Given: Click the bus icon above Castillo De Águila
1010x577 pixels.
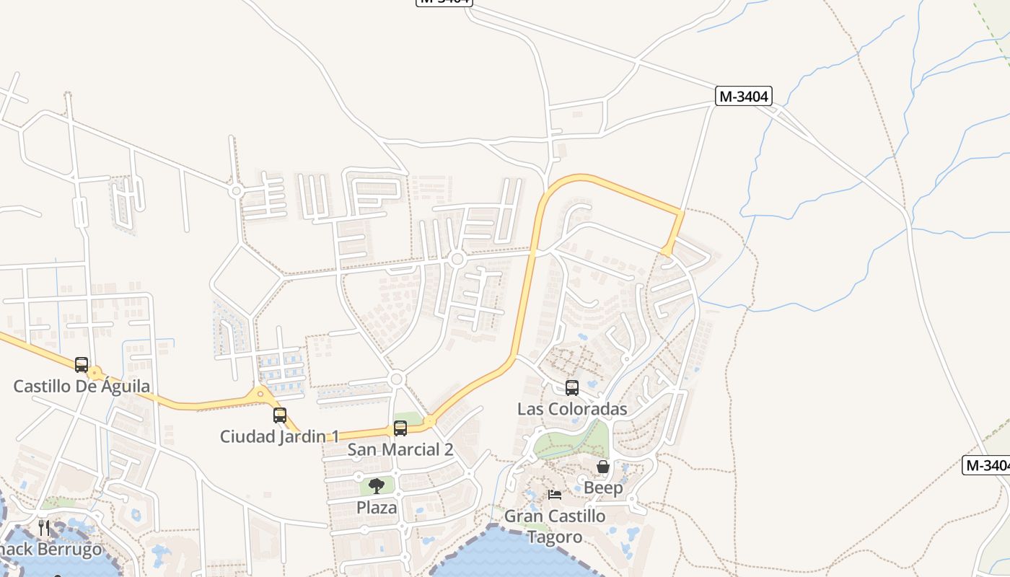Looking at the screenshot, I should pos(82,365).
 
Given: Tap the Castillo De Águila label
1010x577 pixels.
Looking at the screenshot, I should pos(82,387).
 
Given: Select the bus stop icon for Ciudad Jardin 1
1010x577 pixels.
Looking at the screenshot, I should pos(280,415).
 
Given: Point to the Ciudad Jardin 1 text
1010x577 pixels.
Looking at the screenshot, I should pos(280,436).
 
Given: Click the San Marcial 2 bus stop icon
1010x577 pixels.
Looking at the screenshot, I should pos(400,428).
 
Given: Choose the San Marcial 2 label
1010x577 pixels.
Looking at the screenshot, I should pos(400,450).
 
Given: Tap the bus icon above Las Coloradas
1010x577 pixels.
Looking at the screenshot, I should pos(572,388).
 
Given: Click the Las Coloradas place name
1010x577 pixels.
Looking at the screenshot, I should pos(572,410).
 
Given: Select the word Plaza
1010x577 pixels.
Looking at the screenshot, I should pos(377,508).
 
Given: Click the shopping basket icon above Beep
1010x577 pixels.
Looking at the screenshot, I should pos(603,467).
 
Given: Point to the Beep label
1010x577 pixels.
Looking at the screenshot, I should pos(603,488).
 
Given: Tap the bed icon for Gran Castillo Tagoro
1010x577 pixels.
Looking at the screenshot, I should pos(555,495).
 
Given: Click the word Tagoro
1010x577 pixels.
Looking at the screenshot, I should pos(555,537).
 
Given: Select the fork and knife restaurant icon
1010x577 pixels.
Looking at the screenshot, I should pos(44,528).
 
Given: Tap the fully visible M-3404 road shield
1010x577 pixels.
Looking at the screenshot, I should pos(744,96).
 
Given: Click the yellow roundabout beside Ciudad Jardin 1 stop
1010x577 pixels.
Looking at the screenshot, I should pos(260,393).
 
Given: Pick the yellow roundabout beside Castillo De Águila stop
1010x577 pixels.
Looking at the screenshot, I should pos(95,373).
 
